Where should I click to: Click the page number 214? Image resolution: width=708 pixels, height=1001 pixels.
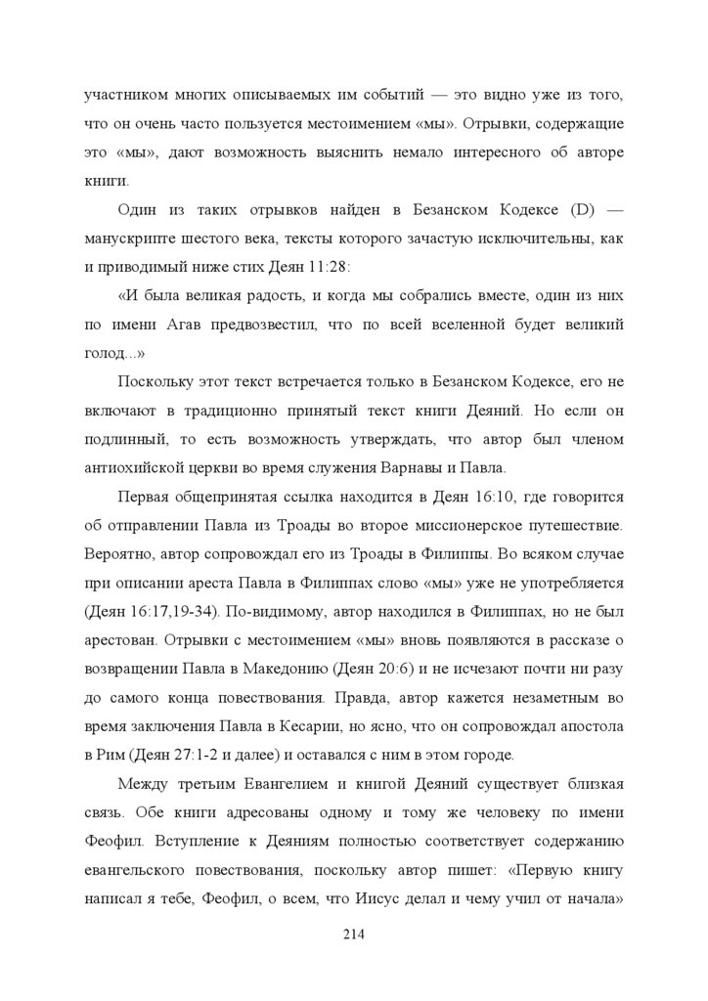tap(353, 936)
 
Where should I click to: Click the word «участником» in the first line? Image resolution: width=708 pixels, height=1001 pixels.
tap(121, 98)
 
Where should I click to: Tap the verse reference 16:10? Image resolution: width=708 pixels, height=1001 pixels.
tap(452, 498)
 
